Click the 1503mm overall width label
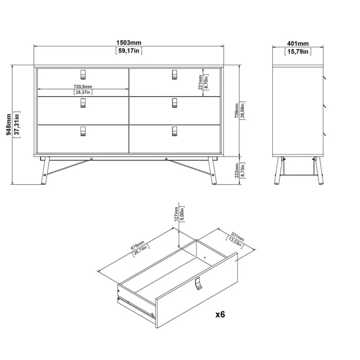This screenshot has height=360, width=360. click(x=129, y=43)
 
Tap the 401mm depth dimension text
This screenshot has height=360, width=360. click(x=298, y=44)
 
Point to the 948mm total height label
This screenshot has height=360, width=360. click(x=9, y=125)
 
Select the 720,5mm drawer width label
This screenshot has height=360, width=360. click(x=83, y=87)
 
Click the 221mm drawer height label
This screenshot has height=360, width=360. click(x=200, y=82)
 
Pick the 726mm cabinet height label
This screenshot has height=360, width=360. click(x=237, y=111)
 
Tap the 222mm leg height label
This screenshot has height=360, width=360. click(x=237, y=170)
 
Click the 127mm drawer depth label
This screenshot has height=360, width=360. click(x=176, y=214)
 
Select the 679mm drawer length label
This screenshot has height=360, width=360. click(x=137, y=245)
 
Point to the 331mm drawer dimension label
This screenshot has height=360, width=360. click(x=237, y=237)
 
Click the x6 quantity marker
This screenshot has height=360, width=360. click(x=220, y=314)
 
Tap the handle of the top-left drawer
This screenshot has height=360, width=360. click(x=83, y=75)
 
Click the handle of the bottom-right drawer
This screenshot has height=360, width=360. click(x=175, y=131)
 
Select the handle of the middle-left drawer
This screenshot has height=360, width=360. click(x=83, y=103)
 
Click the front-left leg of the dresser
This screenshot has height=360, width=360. click(x=45, y=171)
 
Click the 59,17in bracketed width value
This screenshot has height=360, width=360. click(x=129, y=51)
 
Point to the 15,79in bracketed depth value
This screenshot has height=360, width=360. click(x=298, y=52)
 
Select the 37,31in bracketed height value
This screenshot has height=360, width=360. click(x=17, y=125)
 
